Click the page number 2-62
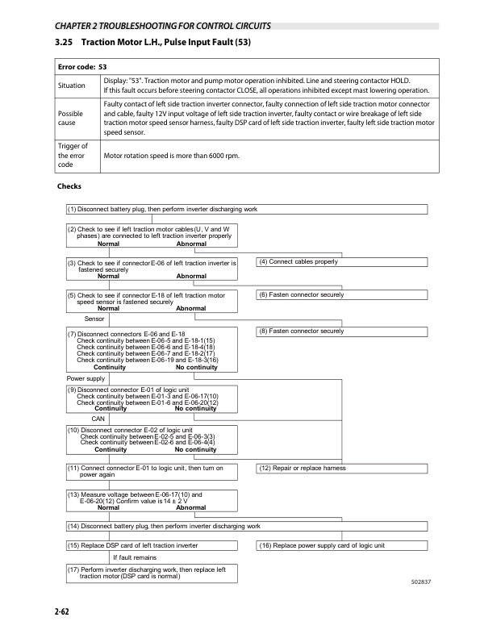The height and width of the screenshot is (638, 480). coord(56,612)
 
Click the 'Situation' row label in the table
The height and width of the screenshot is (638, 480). coord(72,85)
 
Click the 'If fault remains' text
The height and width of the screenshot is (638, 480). coord(134,557)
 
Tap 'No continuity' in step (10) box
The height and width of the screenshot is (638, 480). coord(195,449)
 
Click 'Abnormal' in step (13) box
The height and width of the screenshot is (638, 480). coord(190,507)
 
